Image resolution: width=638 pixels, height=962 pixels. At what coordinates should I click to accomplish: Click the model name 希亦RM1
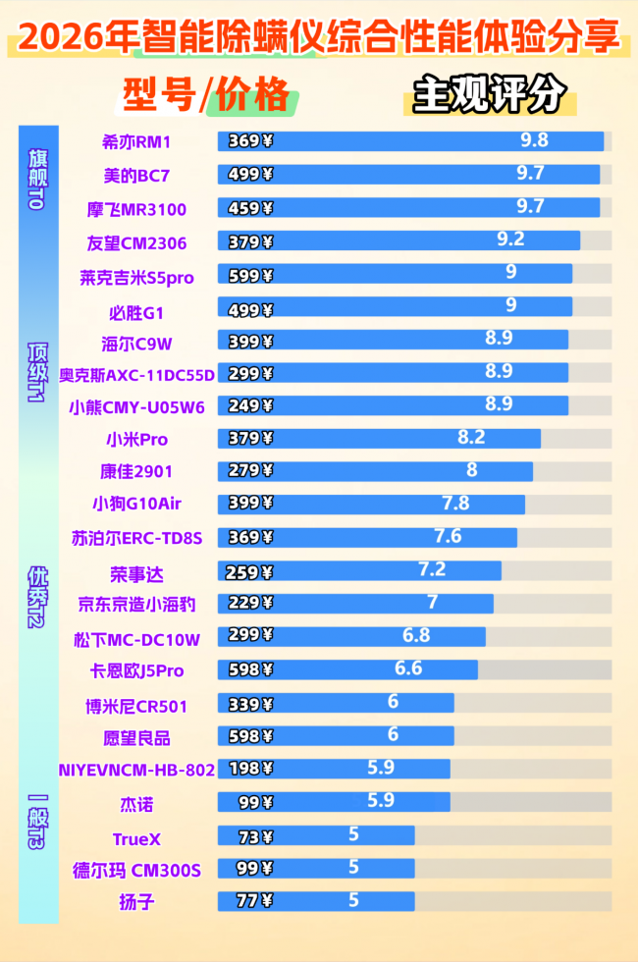[x=136, y=141]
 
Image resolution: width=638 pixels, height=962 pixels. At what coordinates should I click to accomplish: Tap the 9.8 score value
[x=534, y=140]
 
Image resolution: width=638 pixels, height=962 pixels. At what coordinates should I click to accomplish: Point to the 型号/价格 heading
[x=207, y=95]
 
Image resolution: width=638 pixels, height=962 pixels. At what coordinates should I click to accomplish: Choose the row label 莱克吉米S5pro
[x=136, y=278]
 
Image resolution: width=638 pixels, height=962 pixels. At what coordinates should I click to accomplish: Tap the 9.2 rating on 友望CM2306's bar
[x=510, y=240]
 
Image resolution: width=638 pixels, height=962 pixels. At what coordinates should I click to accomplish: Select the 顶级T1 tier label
[x=37, y=373]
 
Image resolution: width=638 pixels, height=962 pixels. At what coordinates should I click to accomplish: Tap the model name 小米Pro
[x=136, y=439]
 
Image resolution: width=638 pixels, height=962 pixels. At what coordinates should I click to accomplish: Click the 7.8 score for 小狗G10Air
[x=455, y=503]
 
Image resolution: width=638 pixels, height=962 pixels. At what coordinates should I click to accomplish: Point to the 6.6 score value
[x=408, y=668]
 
